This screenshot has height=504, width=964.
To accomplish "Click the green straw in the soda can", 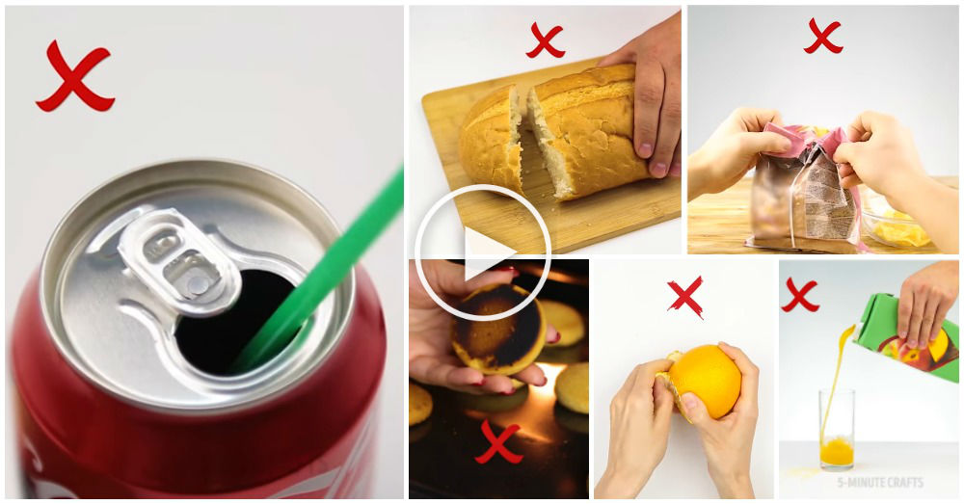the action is (x=320, y=271).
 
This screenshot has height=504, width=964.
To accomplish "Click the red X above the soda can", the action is (x=75, y=77).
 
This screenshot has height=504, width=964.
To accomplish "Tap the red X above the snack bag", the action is (x=822, y=36).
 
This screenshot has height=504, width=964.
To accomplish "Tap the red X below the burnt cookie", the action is (x=498, y=441).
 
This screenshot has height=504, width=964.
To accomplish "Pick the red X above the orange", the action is (x=685, y=297).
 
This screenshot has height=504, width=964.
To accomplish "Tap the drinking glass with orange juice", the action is (x=836, y=430).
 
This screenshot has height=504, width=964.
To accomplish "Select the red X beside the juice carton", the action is (x=799, y=295).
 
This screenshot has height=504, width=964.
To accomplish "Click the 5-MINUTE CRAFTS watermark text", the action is (x=880, y=483).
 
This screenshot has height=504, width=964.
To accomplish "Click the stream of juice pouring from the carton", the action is (x=835, y=381).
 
